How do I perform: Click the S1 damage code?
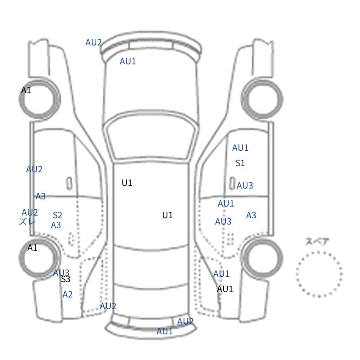(x=240, y=163)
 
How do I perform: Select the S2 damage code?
(x=58, y=215)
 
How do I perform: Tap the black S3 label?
(x=66, y=279)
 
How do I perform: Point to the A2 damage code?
(x=67, y=294)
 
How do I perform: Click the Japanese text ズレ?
(x=27, y=221)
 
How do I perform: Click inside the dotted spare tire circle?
(x=319, y=274)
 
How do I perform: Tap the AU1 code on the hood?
(x=128, y=61)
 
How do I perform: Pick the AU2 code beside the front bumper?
(x=94, y=42)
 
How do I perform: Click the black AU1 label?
(x=225, y=289)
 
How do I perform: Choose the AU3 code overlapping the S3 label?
(x=61, y=273)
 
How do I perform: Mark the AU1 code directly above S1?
(x=240, y=148)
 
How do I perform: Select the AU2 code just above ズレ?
(x=30, y=212)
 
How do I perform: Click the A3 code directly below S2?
(x=56, y=225)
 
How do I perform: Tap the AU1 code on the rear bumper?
(x=165, y=331)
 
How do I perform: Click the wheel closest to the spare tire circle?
(x=262, y=258)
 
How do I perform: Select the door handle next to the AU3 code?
(x=232, y=183)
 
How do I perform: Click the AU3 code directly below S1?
(x=245, y=185)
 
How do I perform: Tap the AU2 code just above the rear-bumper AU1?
(x=185, y=321)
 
